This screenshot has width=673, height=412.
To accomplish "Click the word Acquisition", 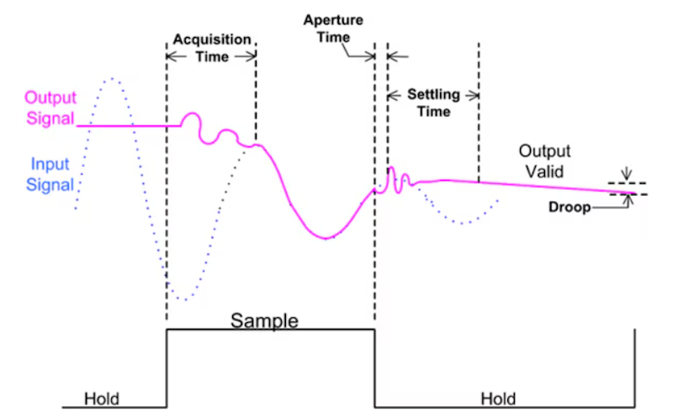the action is (x=212, y=40).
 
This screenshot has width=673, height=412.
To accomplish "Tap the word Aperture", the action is (x=333, y=20).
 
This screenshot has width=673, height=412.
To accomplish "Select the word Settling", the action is (x=433, y=94).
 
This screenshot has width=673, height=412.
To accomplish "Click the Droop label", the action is (x=570, y=208).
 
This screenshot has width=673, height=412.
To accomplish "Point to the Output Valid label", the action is (x=544, y=161).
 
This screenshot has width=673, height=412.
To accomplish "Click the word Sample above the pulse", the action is (x=264, y=320).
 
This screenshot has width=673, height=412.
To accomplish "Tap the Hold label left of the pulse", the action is (x=102, y=399).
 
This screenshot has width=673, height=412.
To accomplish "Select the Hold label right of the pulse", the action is (x=498, y=399).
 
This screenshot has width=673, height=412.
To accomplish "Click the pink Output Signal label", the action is (x=50, y=108).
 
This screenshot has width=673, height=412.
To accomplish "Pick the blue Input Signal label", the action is (x=50, y=174).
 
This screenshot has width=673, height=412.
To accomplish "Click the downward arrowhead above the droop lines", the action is (x=627, y=176).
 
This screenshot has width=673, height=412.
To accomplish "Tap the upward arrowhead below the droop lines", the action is (x=628, y=199).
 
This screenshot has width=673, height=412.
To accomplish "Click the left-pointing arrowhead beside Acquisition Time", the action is (x=172, y=56).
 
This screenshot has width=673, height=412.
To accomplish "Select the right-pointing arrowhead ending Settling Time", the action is (x=474, y=96).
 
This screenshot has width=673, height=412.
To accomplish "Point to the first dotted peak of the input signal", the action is (x=112, y=78).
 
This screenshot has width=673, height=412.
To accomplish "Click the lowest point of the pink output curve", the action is (x=326, y=238).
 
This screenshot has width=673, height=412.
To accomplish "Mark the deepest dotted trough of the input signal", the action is (x=185, y=299).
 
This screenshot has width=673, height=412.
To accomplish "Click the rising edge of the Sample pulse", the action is (x=167, y=368).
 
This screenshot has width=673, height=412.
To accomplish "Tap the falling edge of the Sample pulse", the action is (x=374, y=368).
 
